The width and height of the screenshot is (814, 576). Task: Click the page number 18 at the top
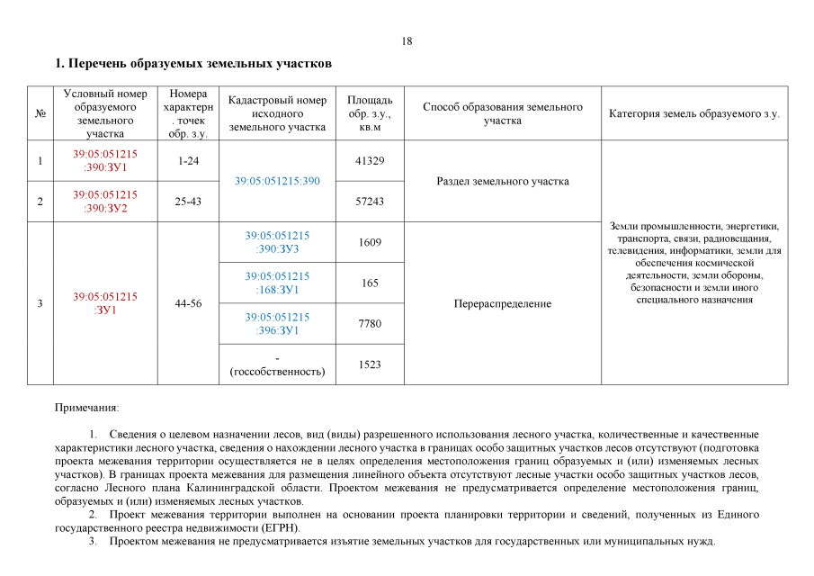[407, 41]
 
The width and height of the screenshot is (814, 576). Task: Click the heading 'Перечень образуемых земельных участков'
[194, 64]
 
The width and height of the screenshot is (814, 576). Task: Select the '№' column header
[40, 113]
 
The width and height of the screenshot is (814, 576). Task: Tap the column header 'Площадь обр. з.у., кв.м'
[370, 113]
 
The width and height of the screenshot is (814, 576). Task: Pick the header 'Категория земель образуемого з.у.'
[694, 114]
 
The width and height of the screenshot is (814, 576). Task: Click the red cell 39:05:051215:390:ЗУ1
[105, 160]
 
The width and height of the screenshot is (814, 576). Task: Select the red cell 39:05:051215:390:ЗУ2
[105, 201]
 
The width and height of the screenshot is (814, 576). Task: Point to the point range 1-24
[188, 160]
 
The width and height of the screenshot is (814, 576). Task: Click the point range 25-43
[188, 202]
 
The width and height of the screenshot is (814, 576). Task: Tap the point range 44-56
[188, 303]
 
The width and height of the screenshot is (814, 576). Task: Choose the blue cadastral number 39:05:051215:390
[277, 181]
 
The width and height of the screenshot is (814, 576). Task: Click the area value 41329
[371, 160]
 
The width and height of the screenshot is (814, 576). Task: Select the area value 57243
[371, 202]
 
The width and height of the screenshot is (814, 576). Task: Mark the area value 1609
[371, 242]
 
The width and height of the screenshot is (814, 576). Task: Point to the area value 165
[371, 283]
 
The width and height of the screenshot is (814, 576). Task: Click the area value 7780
[371, 323]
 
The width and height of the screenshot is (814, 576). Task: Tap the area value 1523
[371, 364]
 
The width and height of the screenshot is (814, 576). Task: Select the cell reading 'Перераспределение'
[503, 303]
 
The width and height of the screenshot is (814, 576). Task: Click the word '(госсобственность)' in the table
[277, 371]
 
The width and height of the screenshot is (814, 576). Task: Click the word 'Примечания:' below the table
[86, 409]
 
